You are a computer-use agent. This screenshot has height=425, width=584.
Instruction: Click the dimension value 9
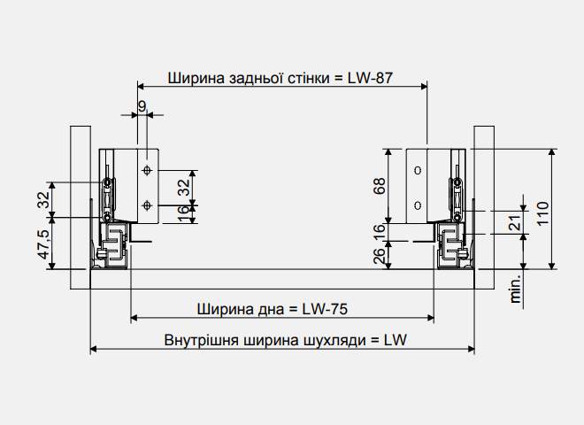point(142,106)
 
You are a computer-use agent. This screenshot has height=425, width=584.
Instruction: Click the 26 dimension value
point(380,256)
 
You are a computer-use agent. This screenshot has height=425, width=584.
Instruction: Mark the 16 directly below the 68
point(380,233)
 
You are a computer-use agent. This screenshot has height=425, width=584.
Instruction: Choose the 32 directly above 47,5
point(42,199)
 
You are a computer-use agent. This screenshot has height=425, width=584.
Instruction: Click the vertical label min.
point(516,289)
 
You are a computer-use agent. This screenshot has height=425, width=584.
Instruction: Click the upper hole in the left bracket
point(148,169)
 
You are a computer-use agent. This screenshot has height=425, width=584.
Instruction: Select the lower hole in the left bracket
point(148,205)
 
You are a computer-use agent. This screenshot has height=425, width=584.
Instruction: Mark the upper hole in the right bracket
point(419,169)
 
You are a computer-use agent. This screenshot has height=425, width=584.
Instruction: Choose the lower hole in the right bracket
point(419,205)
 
